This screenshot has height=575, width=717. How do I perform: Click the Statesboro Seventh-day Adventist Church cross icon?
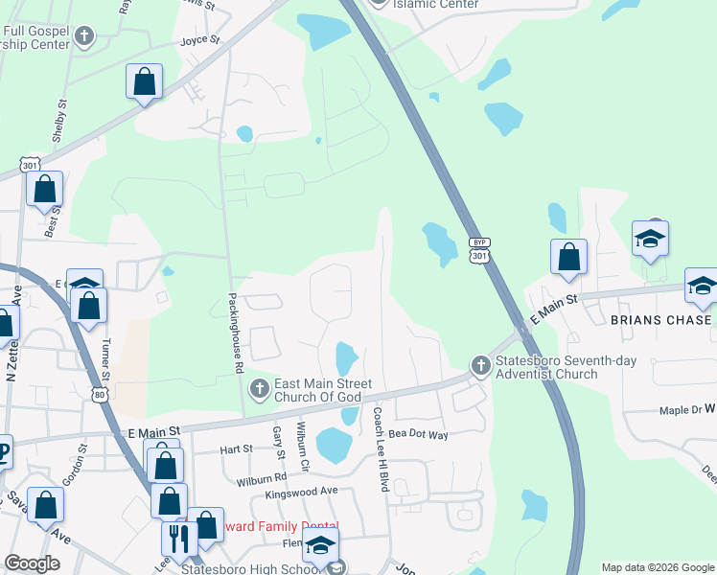coord(480,364)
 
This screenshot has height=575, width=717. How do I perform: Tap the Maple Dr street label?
coord(681,410)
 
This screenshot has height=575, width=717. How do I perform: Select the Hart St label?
coord(235,448)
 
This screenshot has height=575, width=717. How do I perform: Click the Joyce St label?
coord(200,41)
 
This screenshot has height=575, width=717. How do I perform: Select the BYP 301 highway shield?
coord(480,250)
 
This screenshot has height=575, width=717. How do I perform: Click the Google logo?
coord(33,563)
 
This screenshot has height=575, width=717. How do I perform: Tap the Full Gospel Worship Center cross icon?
coord(84,37)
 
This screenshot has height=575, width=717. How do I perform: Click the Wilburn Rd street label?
coord(266,476)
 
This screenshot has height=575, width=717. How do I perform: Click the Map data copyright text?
coord(657,567)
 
